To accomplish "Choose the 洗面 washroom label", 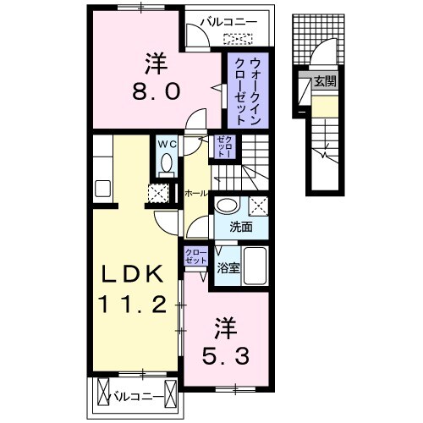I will (241, 227).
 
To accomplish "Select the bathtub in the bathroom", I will (255, 269).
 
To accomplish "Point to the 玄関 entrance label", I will (325, 82).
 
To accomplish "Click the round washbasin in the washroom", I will (227, 206).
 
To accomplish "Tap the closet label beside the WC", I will (223, 147).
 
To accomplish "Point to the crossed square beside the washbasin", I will (259, 204).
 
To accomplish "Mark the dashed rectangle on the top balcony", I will (238, 38).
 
